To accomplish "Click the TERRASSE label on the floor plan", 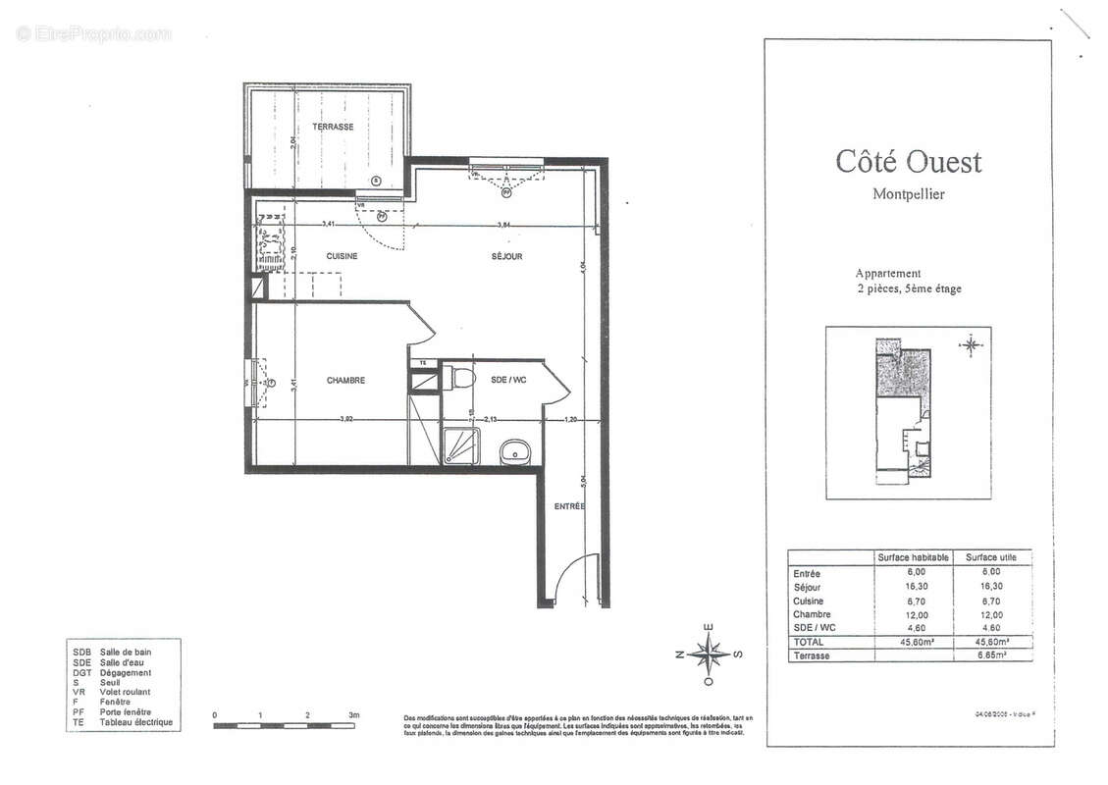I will [333, 128].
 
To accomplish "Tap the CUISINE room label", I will [342, 256].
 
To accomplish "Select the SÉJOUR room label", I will [506, 256].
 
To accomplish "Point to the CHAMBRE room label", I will [345, 381].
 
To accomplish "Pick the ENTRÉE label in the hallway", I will [569, 506].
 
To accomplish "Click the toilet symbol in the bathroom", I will [459, 379].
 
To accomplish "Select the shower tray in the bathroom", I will [459, 446].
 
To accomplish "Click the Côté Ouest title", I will [908, 162].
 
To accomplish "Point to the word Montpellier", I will [908, 193].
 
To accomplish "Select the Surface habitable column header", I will [913, 557].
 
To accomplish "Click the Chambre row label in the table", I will [811, 614].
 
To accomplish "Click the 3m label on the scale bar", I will [354, 715].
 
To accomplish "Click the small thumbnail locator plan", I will [908, 413].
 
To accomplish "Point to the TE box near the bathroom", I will [423, 363].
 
